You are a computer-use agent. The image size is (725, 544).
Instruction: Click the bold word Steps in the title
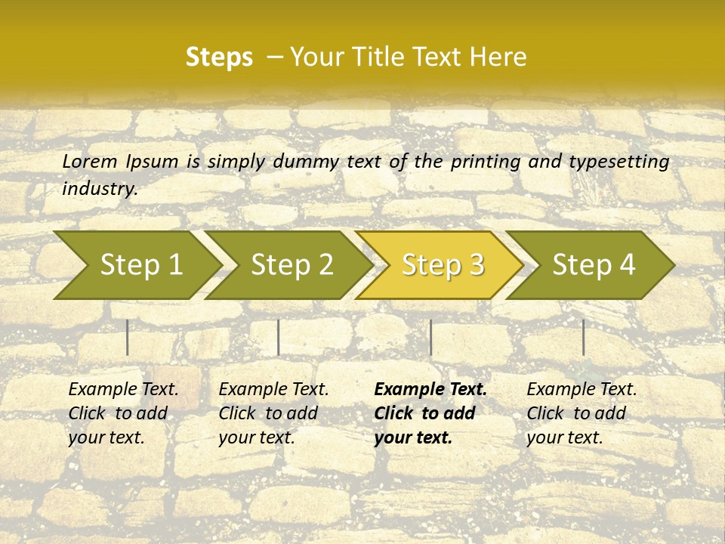219,57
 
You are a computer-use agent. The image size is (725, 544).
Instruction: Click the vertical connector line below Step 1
128,337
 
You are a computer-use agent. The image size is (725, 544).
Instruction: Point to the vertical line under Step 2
279,337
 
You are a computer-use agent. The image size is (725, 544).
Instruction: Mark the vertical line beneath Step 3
430,337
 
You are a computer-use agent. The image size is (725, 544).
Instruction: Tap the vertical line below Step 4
583,337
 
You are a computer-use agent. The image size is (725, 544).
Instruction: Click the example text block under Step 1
123,413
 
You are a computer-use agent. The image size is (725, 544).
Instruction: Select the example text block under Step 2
273,413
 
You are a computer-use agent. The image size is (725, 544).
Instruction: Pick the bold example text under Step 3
430,413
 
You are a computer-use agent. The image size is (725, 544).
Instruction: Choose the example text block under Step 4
582,413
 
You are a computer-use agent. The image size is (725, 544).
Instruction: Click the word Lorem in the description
90,161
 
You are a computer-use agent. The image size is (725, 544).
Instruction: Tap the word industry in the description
100,189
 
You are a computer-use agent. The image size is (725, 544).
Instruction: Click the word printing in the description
483,162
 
